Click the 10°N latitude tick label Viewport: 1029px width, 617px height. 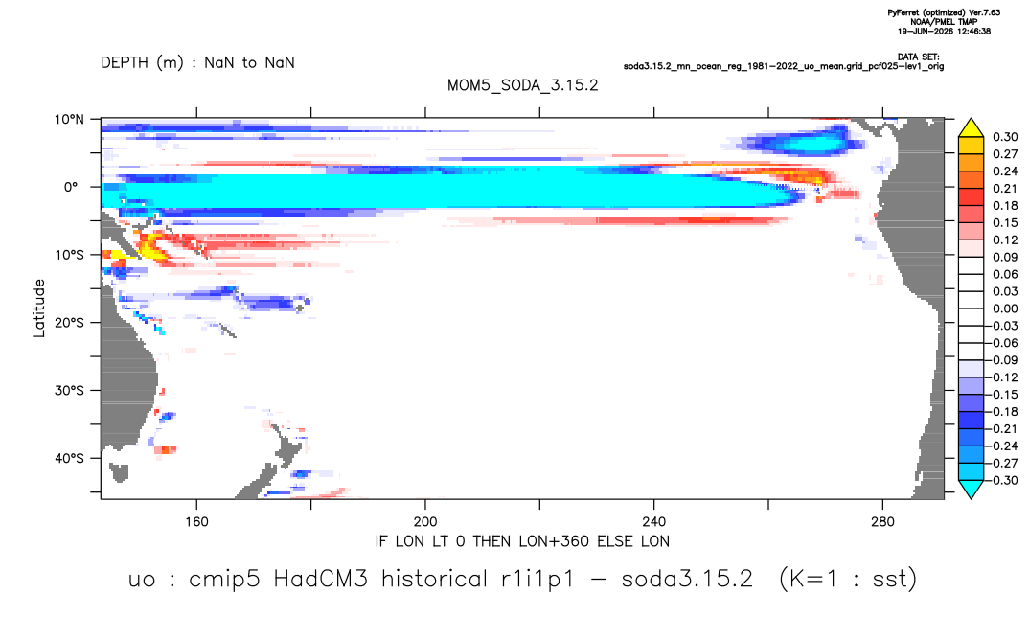69,120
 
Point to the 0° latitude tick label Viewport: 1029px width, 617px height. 71,187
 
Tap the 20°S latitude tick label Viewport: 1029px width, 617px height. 69,323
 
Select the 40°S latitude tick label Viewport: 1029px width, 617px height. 69,458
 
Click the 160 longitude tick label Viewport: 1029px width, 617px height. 196,522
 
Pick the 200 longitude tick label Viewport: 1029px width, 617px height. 425,522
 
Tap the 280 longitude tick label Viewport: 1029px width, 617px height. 882,522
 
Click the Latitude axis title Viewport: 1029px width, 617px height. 39,308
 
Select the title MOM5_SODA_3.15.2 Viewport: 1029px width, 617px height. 523,86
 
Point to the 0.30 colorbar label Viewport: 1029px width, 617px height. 1005,137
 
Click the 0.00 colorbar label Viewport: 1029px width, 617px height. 1005,308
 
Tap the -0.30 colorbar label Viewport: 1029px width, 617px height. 1003,480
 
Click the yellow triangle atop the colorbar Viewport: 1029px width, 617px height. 971,128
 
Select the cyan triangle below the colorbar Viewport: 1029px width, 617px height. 971,490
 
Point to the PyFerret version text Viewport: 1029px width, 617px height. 944,13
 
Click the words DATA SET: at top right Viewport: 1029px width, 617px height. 919,57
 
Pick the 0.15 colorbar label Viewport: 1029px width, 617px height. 1005,223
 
